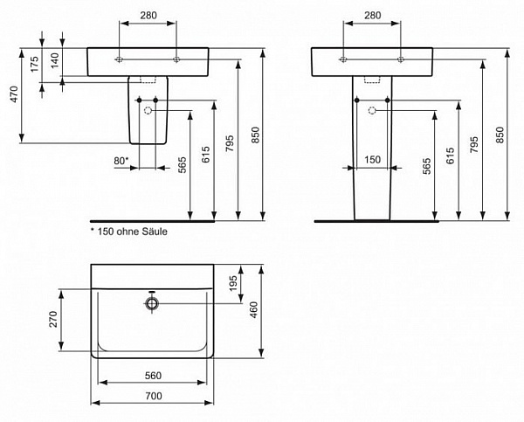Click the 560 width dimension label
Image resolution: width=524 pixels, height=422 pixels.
(152, 374)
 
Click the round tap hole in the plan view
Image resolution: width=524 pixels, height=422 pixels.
(152, 303)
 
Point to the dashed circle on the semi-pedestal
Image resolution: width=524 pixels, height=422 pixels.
(148, 111)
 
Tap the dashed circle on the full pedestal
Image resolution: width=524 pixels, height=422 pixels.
(373, 110)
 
